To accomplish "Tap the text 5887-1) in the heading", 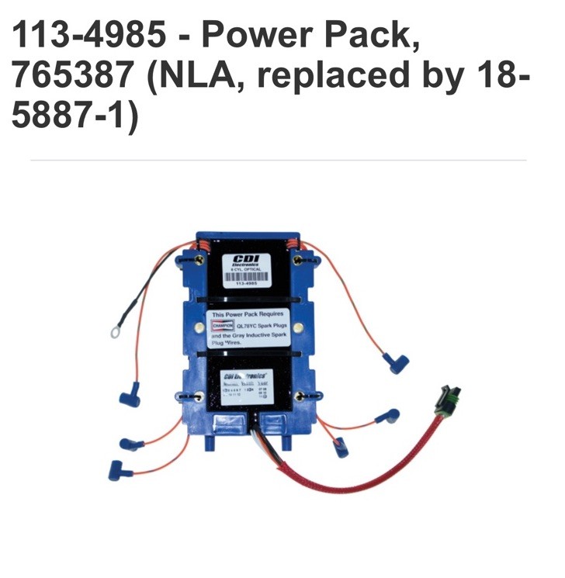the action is pyautogui.click(x=75, y=116).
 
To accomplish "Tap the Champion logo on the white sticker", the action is pyautogui.click(x=223, y=327).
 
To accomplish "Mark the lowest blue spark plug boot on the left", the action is pyautogui.click(x=119, y=468).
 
